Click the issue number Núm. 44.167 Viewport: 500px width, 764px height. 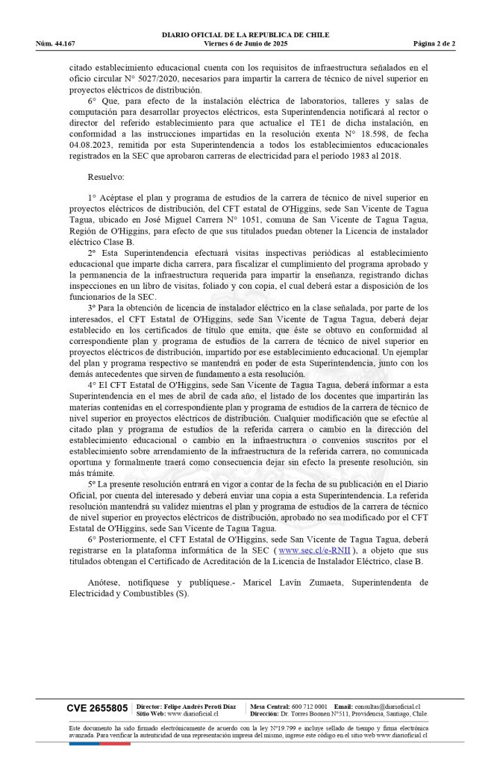coord(55,43)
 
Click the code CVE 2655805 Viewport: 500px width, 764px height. coord(97,707)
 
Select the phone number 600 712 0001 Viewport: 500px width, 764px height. coord(310,706)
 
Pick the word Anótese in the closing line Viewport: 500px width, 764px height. coord(103,583)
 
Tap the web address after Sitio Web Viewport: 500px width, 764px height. coord(193,713)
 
